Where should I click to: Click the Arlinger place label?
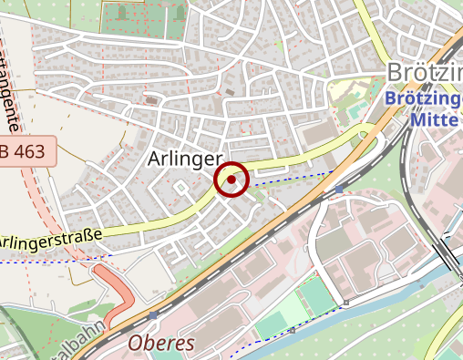184,159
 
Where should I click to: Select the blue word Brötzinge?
424,98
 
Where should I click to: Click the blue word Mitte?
433,119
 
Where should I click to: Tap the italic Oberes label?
161,344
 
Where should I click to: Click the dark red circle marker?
231,180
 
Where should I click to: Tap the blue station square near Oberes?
152,314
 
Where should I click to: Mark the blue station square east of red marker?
339,190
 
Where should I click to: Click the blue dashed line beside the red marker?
292,179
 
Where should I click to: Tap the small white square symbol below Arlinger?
180,187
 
